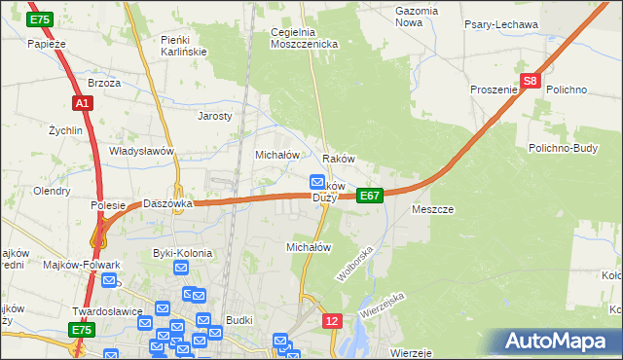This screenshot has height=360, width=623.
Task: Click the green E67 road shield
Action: coord(369,196)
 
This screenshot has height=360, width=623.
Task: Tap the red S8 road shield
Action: coord(530,83)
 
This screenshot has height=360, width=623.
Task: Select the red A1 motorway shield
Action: coord(82,103)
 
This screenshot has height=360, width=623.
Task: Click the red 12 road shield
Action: coord(333,320)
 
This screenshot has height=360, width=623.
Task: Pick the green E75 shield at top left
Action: coord(40,19)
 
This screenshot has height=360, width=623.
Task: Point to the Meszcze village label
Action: coord(433,209)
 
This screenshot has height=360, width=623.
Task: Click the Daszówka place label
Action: coord(168,204)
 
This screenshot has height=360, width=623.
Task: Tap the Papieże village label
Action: coord(46,43)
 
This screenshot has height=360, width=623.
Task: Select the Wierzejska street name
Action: coord(381,306)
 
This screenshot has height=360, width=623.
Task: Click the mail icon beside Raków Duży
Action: coord(317,182)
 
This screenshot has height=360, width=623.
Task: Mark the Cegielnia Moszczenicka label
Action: coord(304,38)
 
